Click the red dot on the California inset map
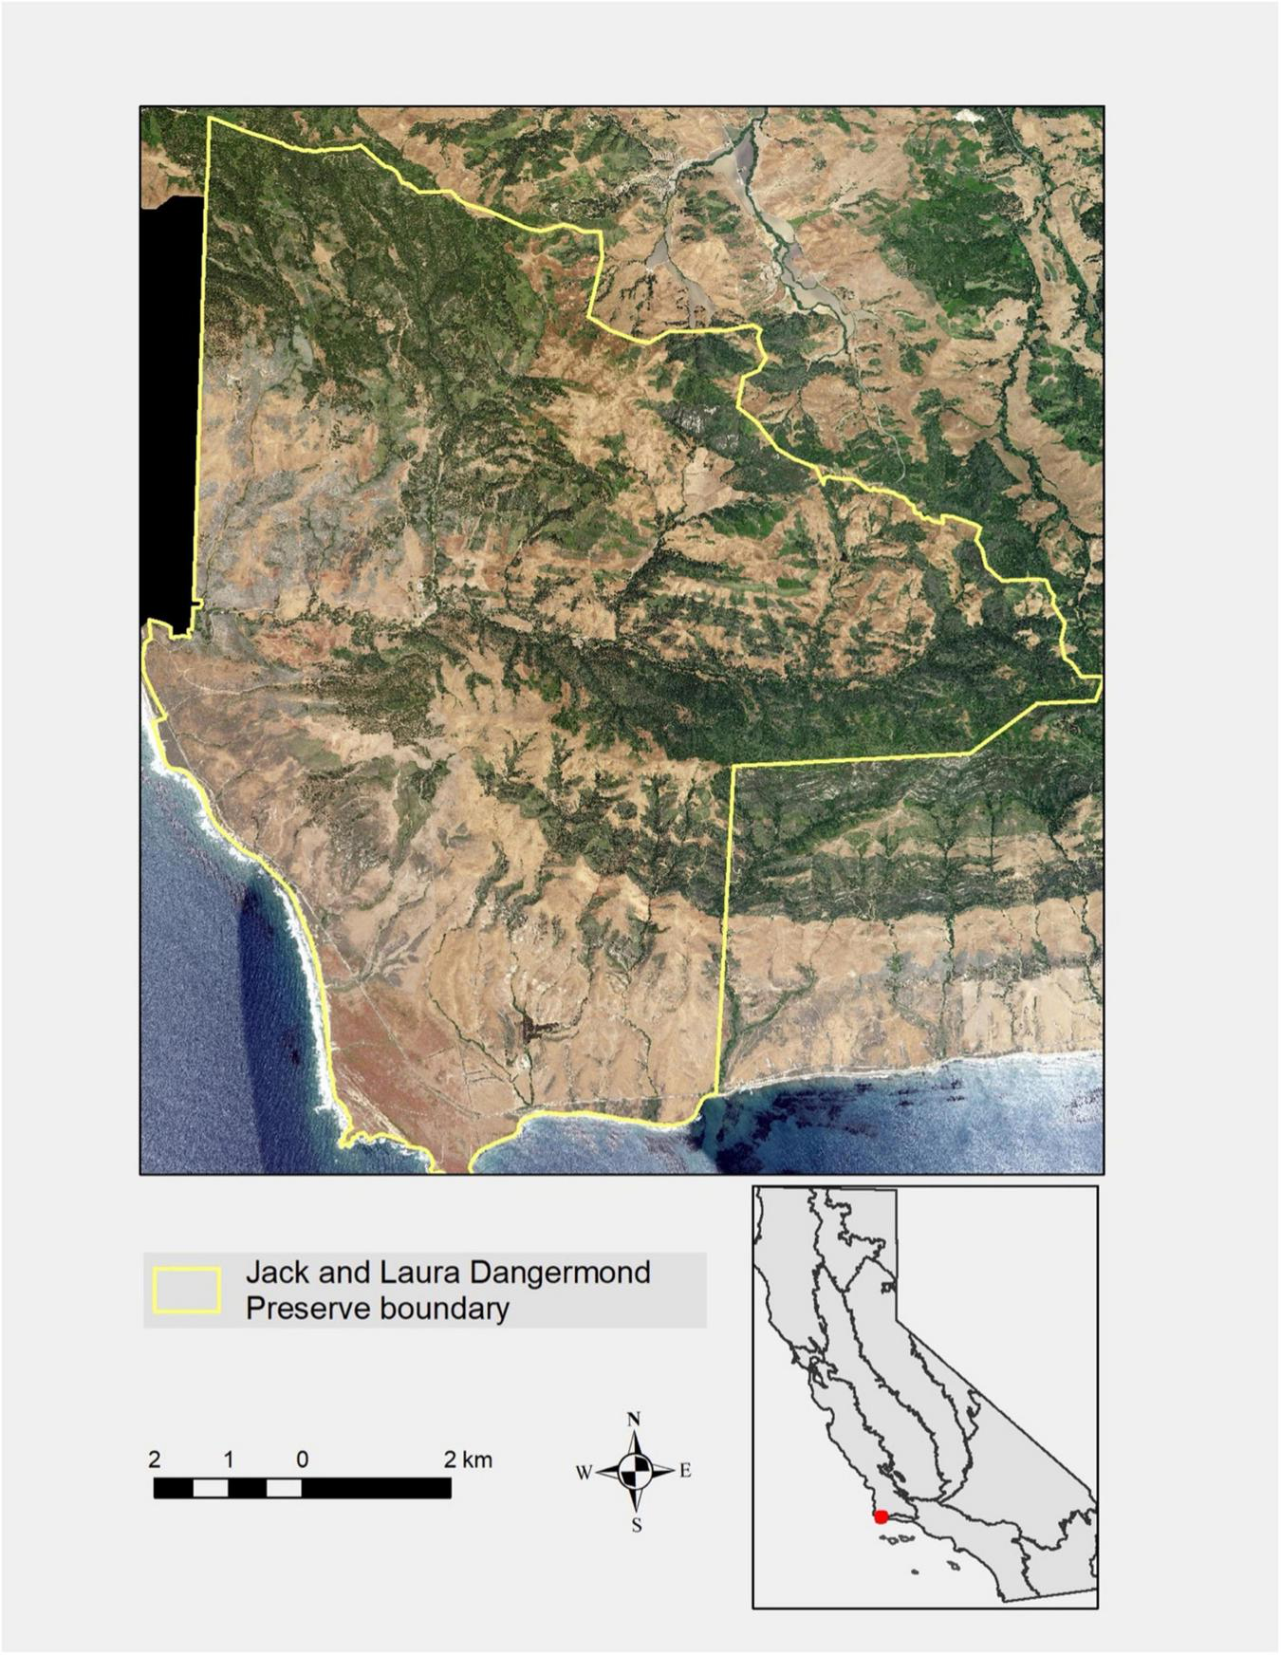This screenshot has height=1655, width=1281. tap(882, 1517)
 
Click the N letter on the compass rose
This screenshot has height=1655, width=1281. tap(635, 1420)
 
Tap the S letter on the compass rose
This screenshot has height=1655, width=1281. tap(637, 1526)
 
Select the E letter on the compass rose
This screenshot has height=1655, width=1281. tap(685, 1472)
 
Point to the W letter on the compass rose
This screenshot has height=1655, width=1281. tap(584, 1473)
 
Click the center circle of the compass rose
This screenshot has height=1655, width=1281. tap(635, 1472)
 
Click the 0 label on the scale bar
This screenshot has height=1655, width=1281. tap(302, 1459)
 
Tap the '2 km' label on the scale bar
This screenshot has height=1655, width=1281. tap(468, 1459)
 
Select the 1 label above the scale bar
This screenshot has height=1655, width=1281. tap(229, 1459)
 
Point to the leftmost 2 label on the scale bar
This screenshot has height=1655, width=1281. tap(155, 1459)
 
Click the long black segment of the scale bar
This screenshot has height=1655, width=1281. tap(377, 1488)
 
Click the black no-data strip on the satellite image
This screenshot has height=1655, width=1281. tap(171, 399)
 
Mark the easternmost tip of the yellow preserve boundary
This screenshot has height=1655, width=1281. tap(1101, 677)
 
